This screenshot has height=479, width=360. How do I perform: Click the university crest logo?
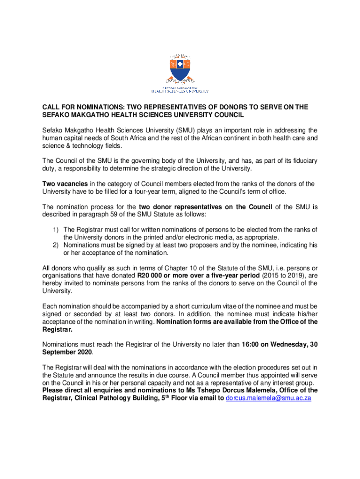point(180,68)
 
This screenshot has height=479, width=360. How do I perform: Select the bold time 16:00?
point(251,345)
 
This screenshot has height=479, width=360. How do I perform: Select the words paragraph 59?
point(104,214)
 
